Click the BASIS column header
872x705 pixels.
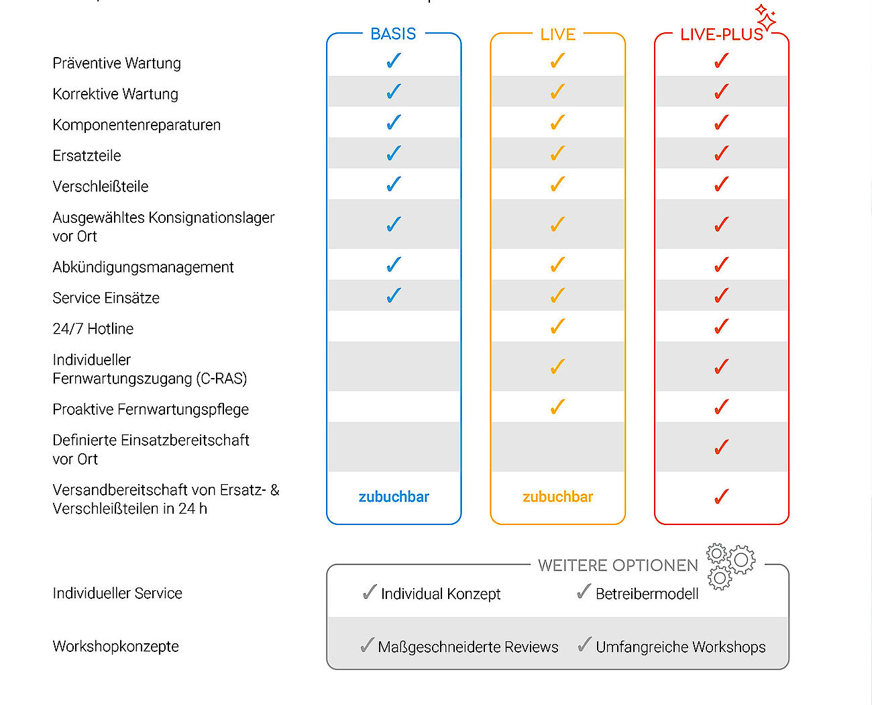click(393, 34)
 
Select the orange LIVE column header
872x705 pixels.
click(557, 34)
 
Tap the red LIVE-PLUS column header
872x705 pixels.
click(721, 34)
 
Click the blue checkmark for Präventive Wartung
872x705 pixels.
click(394, 60)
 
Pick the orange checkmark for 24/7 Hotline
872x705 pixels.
click(557, 326)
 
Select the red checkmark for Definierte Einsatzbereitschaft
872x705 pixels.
click(721, 447)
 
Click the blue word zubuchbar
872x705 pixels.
click(394, 497)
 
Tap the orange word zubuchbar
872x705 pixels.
click(557, 497)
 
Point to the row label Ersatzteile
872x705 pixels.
click(87, 156)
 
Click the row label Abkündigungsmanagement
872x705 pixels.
click(144, 267)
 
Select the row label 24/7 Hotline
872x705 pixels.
click(93, 328)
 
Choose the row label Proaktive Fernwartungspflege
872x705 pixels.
click(151, 410)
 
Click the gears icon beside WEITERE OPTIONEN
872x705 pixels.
click(731, 567)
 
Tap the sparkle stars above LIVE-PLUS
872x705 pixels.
click(765, 17)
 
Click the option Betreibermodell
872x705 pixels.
click(647, 594)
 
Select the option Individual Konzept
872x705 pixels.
click(441, 594)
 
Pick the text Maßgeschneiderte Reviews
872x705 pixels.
click(468, 647)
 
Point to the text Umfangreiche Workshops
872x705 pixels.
click(680, 647)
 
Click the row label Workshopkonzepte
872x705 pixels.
click(116, 647)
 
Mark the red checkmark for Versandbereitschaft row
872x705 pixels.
click(721, 497)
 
